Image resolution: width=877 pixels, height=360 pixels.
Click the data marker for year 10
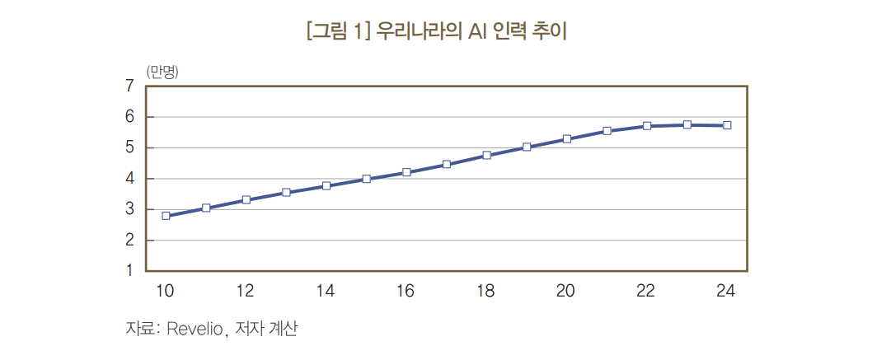coord(166,216)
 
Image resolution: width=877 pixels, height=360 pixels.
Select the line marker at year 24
coord(727,125)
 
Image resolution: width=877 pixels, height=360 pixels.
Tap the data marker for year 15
coord(366,179)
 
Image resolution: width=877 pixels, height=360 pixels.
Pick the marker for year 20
coord(566,139)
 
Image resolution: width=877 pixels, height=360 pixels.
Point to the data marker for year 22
coord(647,126)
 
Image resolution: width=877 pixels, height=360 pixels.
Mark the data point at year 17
coord(446,165)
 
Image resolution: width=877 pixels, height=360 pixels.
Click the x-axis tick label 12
coord(245,290)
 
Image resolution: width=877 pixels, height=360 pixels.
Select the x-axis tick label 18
coord(485,290)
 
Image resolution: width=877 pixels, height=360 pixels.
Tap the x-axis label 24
coord(725,290)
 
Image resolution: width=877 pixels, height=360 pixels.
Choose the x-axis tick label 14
coord(325,290)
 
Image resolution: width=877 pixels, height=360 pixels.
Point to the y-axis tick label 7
coord(129,86)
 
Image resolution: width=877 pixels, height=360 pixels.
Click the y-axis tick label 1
coord(129,270)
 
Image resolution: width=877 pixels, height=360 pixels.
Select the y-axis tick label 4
coord(129,179)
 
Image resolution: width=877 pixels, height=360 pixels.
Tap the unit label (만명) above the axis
coord(162,71)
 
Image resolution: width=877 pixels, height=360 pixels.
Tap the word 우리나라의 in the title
coord(420,32)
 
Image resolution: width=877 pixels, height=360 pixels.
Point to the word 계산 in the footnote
coord(282,330)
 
